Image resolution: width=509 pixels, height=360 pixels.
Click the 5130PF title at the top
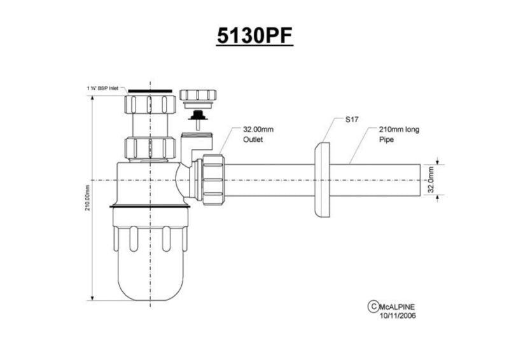point(255,36)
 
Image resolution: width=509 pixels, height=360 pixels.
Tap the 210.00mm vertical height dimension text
point(88,198)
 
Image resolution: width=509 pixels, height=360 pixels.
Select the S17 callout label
point(352,120)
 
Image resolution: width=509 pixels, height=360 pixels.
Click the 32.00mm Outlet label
point(258,134)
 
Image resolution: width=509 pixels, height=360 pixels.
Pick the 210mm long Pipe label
point(399,134)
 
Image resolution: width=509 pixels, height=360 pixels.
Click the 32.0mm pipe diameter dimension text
point(431,179)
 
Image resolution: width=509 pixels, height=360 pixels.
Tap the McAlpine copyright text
point(396,307)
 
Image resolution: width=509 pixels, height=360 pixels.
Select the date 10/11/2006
point(398,315)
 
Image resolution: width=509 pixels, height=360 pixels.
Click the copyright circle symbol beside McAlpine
point(373,307)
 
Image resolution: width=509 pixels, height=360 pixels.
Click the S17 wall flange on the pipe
point(323,180)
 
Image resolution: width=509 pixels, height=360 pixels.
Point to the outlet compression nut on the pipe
point(213,180)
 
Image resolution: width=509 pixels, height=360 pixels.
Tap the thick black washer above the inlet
point(150,91)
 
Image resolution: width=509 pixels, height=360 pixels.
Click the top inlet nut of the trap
point(150,104)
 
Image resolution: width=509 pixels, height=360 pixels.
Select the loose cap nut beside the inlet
point(198,95)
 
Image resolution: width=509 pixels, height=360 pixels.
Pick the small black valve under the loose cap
point(198,115)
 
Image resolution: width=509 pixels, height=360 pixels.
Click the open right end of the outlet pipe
point(421,180)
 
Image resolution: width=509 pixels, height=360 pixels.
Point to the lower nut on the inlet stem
point(150,148)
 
